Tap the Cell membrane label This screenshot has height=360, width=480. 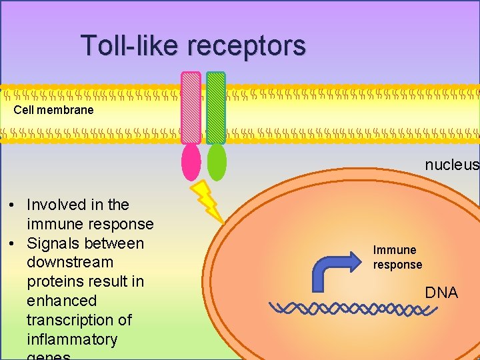[54, 110]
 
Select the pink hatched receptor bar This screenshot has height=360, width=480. [191, 108]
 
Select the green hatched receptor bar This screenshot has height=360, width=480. [216, 108]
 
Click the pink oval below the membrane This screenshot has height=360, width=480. [191, 162]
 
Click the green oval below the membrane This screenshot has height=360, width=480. [217, 162]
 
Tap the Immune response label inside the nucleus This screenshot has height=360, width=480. [397, 257]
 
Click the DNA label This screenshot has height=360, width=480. [441, 293]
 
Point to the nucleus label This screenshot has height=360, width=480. [451, 165]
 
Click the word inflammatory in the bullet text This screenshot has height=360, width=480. [72, 339]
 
